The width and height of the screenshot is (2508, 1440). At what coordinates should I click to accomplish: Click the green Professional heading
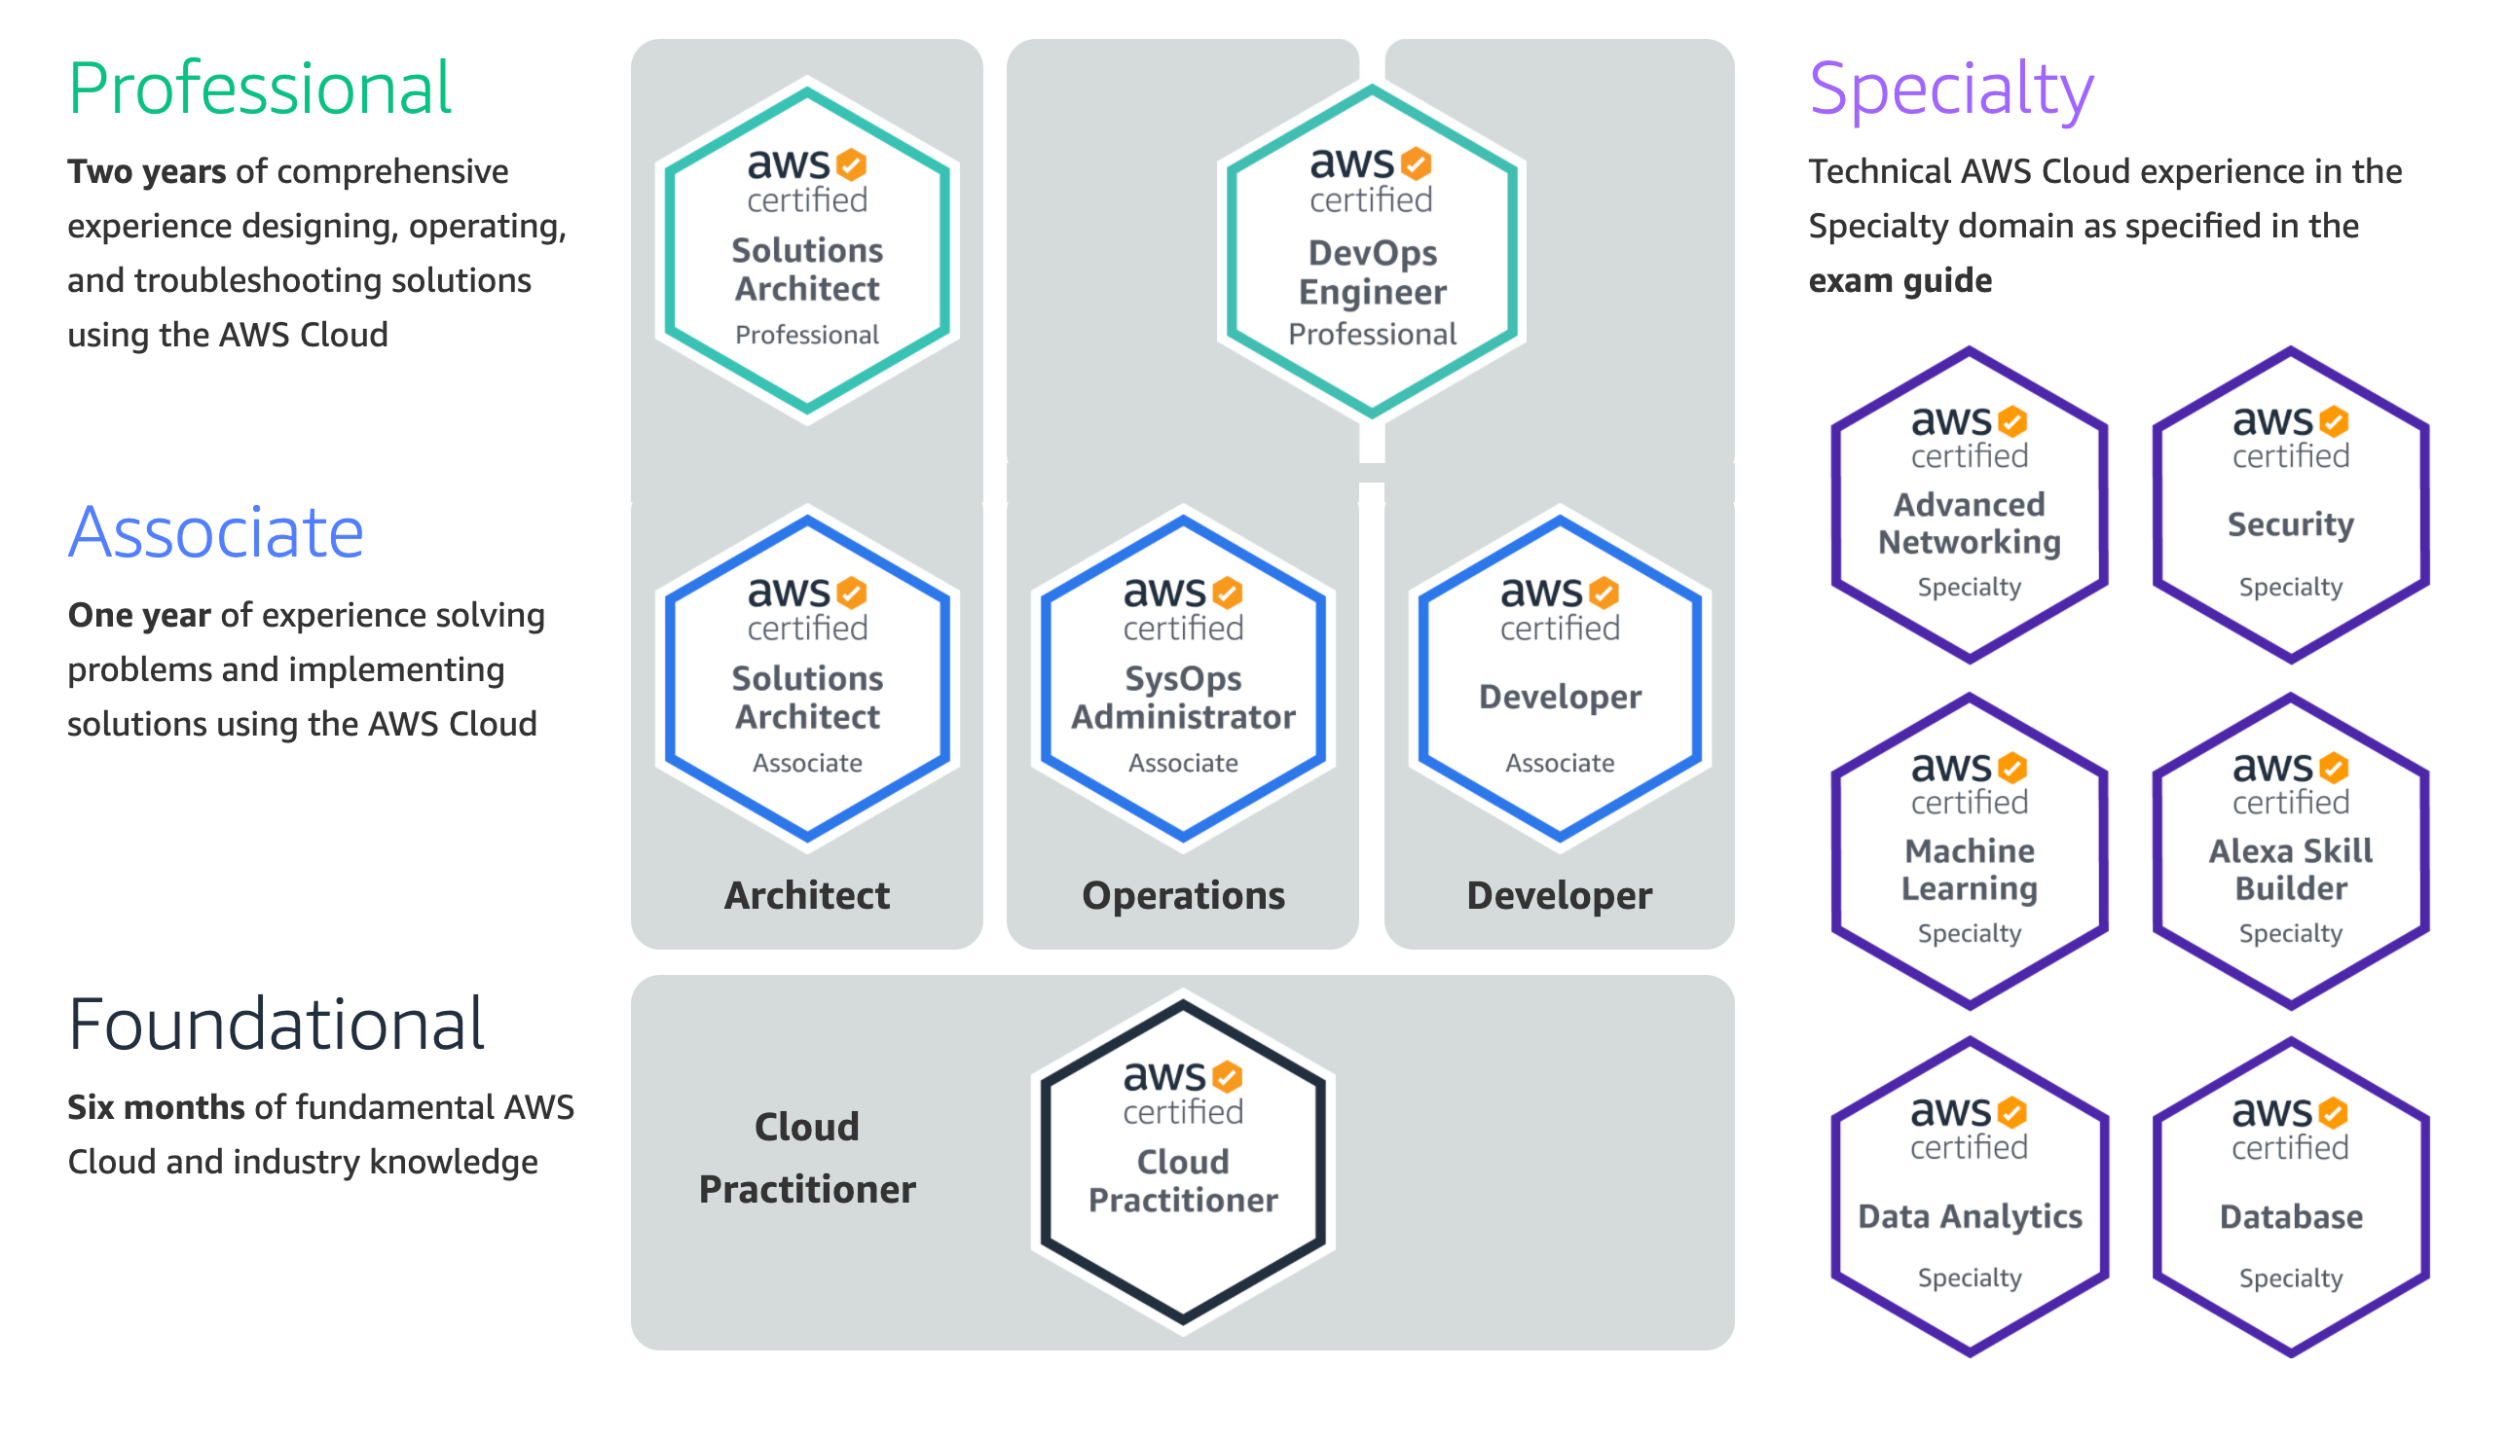coord(259,89)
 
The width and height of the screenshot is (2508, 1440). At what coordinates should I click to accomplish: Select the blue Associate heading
coord(216,533)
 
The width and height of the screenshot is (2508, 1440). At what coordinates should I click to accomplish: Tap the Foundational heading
coord(277,1025)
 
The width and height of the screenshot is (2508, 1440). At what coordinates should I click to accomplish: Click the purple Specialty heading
coord(1951,89)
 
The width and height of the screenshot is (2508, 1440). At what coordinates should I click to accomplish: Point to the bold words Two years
coord(146,172)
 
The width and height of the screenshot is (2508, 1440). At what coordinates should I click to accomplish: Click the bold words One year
coord(138,616)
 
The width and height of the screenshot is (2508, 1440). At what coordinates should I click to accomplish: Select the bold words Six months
coord(156,1107)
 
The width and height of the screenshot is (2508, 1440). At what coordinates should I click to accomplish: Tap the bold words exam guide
coord(1899,281)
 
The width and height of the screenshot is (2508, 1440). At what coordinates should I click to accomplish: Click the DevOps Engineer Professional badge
coord(1371,252)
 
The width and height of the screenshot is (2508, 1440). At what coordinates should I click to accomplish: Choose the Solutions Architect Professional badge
coord(807,252)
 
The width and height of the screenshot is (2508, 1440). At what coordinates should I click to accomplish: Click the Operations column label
coord(1183,896)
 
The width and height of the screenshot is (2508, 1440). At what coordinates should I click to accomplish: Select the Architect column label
coord(807,896)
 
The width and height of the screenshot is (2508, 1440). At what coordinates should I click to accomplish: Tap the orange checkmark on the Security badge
coord(2334,422)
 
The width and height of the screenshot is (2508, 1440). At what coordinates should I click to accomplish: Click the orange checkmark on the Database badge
coord(2334,1114)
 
